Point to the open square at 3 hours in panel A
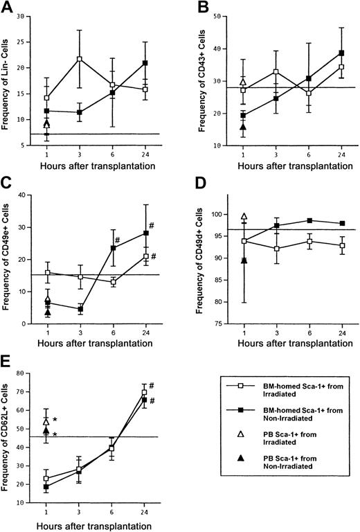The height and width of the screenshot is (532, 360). [80, 59]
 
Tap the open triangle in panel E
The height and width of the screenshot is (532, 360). [46, 421]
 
